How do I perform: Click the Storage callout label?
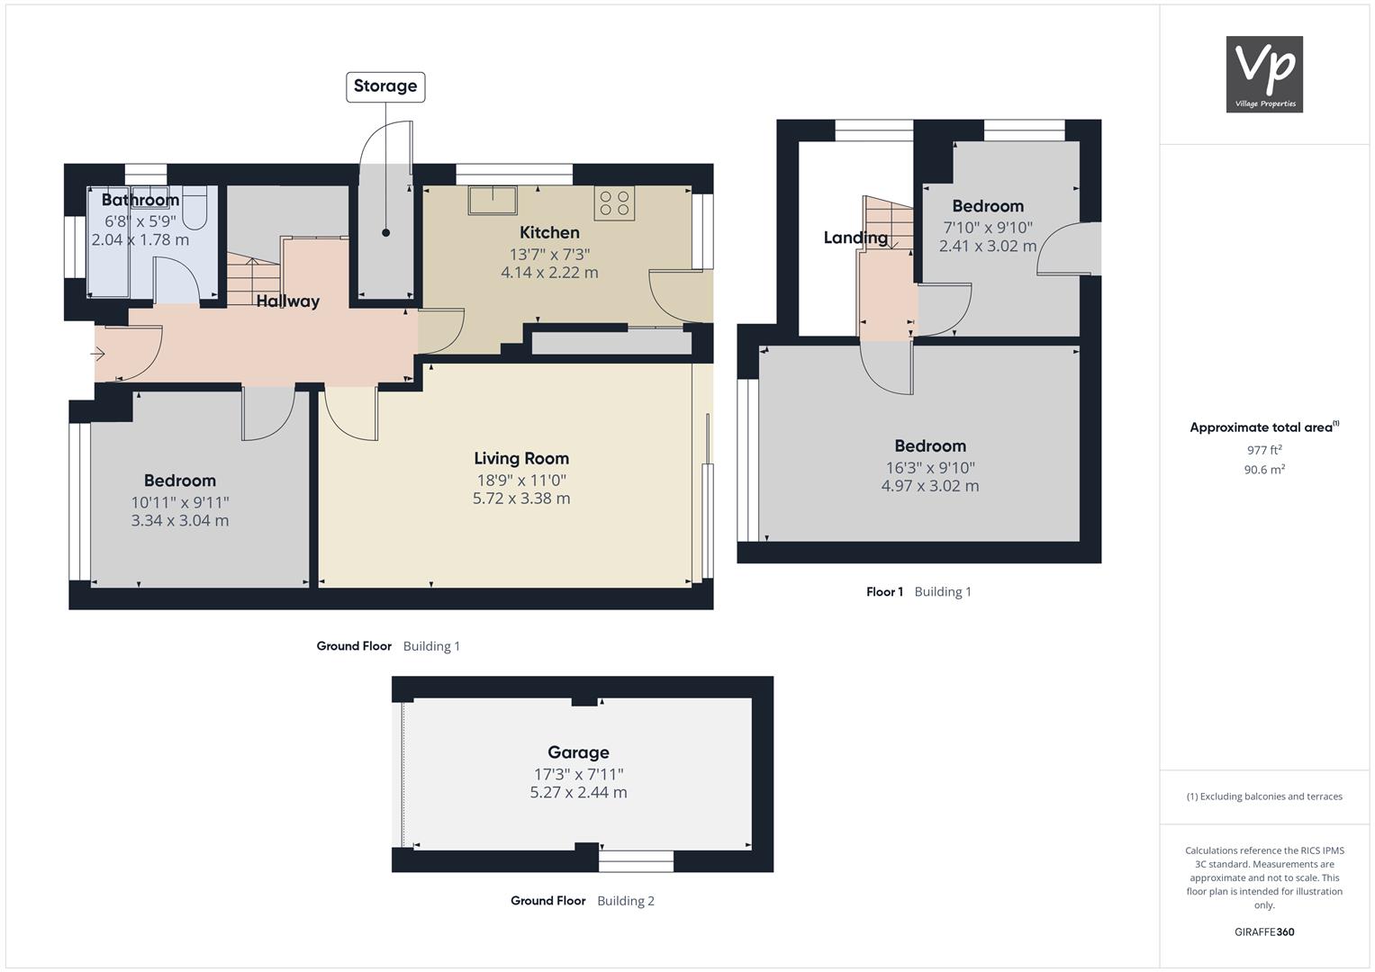click(x=385, y=86)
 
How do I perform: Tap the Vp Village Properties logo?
click(x=1264, y=74)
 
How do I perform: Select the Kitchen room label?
click(x=549, y=232)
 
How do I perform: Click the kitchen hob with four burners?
click(x=614, y=203)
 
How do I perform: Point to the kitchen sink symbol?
click(x=493, y=201)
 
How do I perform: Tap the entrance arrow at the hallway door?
click(x=97, y=354)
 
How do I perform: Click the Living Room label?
click(x=521, y=458)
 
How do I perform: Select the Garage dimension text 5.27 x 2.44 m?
click(x=578, y=792)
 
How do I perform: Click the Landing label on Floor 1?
click(x=855, y=238)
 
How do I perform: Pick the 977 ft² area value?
click(x=1264, y=450)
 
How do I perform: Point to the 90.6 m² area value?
click(x=1264, y=470)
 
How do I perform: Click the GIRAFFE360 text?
click(x=1264, y=931)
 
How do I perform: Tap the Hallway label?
click(x=287, y=301)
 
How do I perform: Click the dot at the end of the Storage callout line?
click(x=386, y=232)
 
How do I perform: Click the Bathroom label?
click(x=140, y=200)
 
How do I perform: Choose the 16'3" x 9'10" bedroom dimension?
click(x=930, y=468)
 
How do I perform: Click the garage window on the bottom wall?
click(x=636, y=861)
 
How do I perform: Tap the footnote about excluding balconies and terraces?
click(x=1264, y=796)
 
